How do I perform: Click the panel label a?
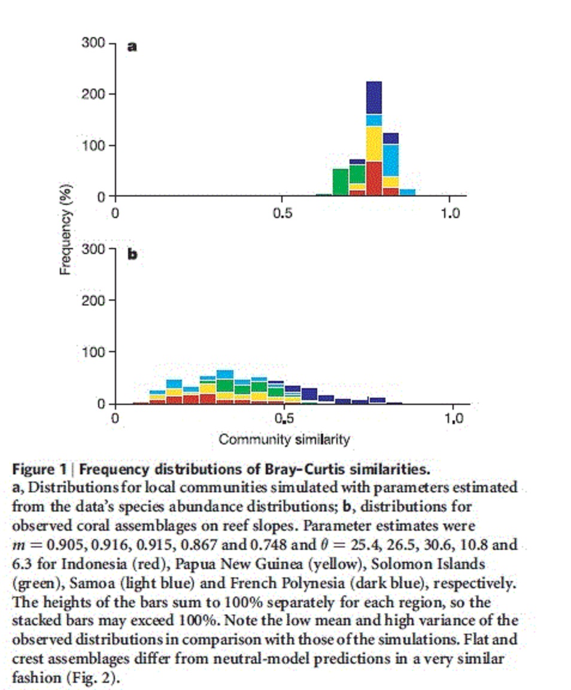pos(132,47)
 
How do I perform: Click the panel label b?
pos(132,254)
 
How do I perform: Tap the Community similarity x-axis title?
pos(284,440)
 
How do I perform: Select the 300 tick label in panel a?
pos(93,44)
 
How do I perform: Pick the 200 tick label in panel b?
pos(93,300)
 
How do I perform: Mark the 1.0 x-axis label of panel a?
pos(449,213)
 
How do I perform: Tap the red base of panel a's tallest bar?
pos(373,178)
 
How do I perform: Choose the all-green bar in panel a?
pos(341,182)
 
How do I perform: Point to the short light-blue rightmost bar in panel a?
pos(407,192)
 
